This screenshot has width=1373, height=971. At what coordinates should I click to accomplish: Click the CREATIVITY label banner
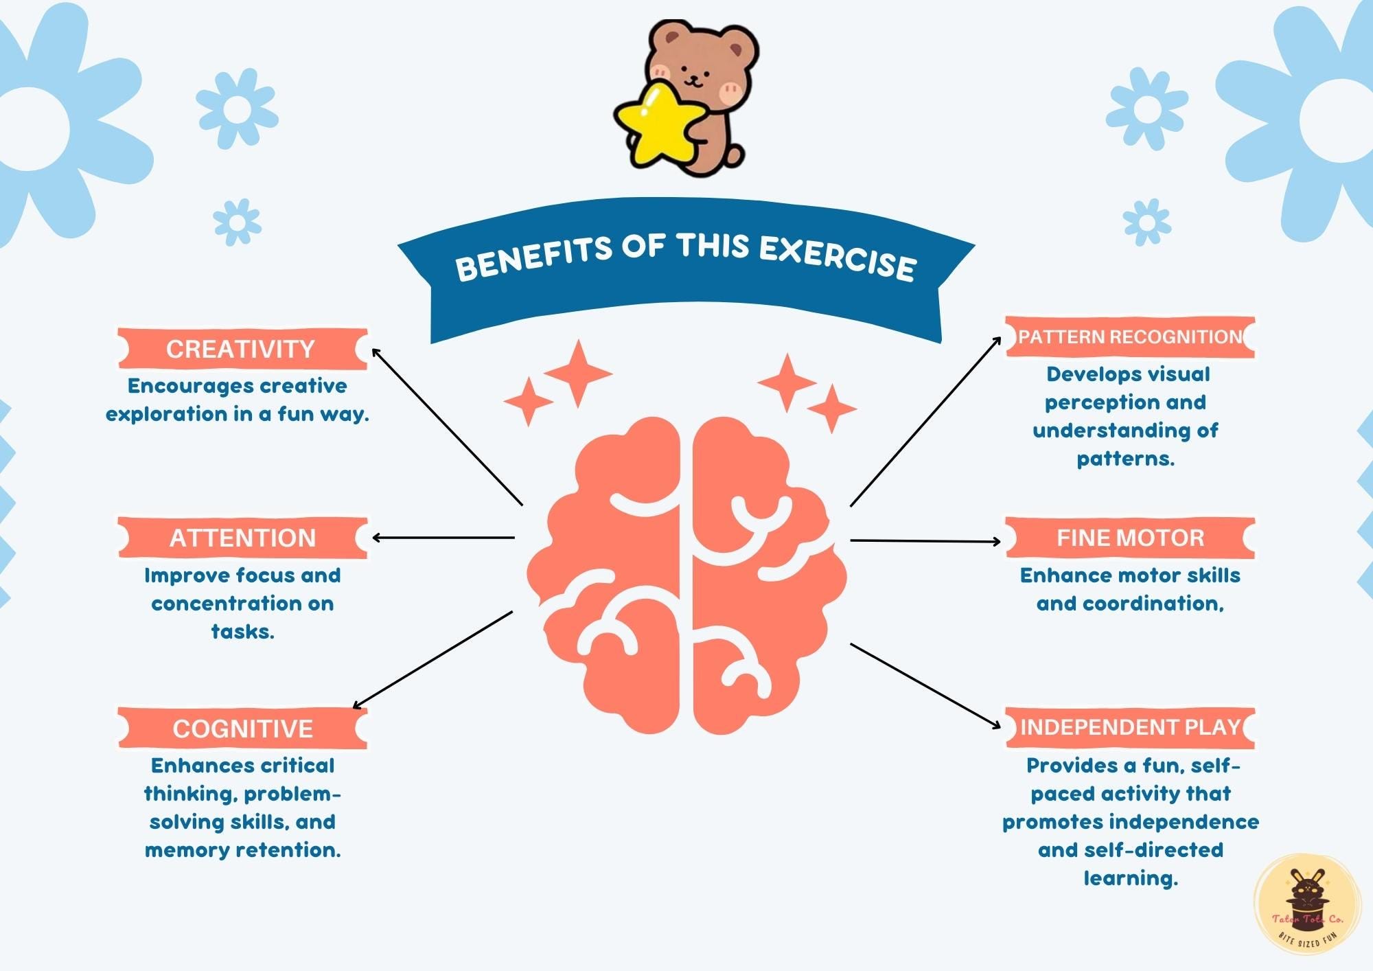(x=242, y=349)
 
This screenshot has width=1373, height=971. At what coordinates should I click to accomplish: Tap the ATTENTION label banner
(x=242, y=538)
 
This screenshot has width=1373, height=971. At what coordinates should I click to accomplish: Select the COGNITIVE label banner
(x=242, y=728)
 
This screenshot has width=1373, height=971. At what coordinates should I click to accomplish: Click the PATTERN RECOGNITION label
(x=1130, y=337)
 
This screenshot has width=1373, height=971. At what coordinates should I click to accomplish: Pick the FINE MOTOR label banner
(x=1130, y=538)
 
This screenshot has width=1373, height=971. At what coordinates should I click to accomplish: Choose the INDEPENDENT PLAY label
(x=1130, y=727)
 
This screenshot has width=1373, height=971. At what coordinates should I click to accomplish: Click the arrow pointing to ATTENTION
(x=443, y=538)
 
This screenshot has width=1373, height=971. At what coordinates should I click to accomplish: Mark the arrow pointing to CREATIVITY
(x=446, y=426)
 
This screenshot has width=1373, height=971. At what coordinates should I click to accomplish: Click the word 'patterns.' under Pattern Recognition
(x=1126, y=459)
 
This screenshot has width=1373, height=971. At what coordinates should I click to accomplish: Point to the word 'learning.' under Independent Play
(x=1131, y=878)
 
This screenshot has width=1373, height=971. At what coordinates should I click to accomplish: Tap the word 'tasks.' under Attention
(x=242, y=632)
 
